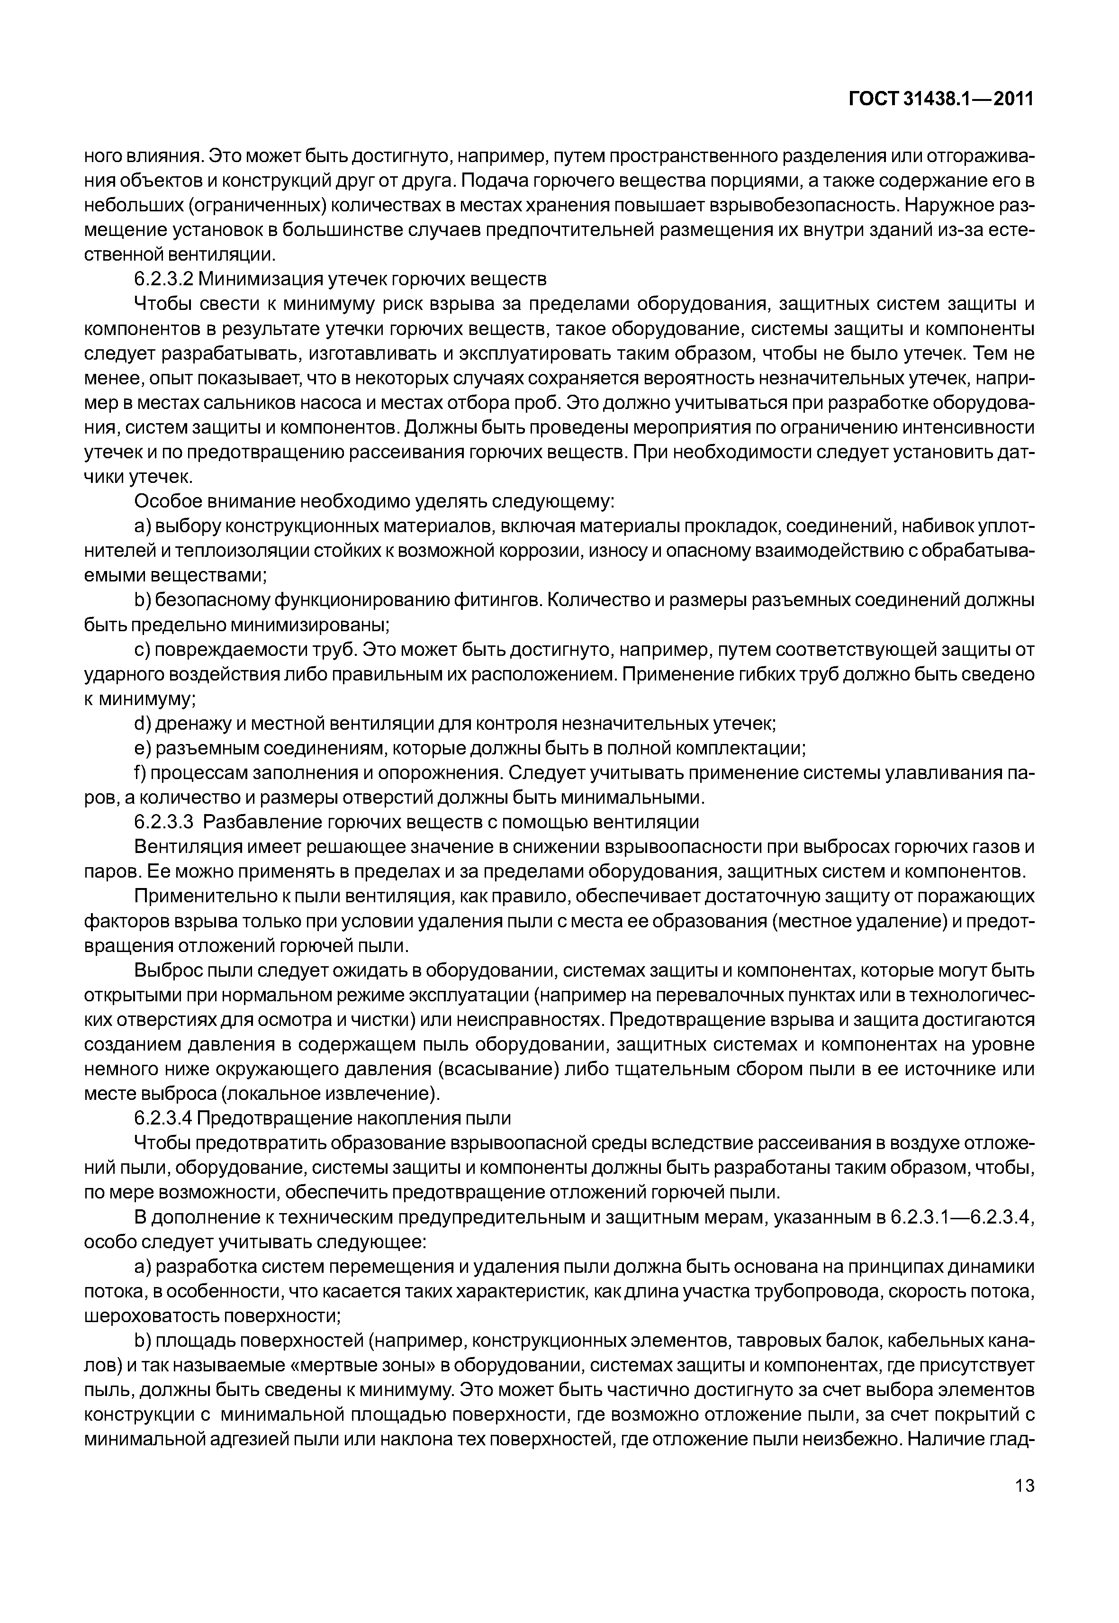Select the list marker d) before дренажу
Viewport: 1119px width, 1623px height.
point(142,723)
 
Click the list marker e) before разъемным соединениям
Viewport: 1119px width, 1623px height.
point(142,748)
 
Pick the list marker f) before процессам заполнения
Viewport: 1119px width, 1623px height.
point(141,772)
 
